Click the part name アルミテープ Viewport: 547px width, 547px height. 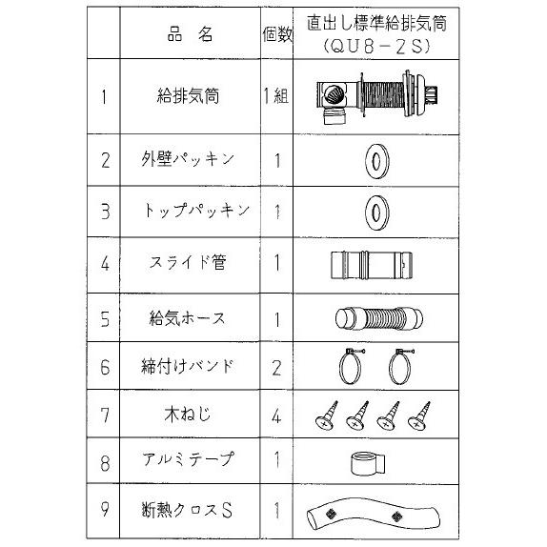[189, 458]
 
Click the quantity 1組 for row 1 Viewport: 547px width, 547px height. [279, 96]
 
